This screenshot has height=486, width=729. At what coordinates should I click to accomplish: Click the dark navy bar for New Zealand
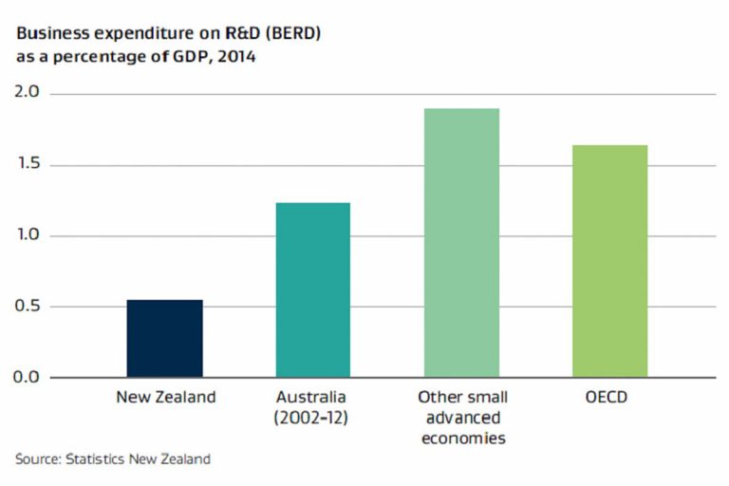[164, 339]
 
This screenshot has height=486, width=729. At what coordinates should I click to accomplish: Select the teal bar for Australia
[312, 290]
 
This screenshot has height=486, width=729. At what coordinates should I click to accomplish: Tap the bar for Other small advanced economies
[461, 242]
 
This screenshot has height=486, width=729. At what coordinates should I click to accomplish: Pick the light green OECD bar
[609, 261]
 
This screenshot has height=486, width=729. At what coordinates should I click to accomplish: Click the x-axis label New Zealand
[165, 397]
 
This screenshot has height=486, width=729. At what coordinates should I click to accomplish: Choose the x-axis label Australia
[312, 397]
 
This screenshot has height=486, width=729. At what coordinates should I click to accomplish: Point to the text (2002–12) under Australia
[312, 417]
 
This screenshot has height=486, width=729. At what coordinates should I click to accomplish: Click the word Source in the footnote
[36, 459]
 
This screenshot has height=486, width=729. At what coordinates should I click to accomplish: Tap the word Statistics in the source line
[96, 459]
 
